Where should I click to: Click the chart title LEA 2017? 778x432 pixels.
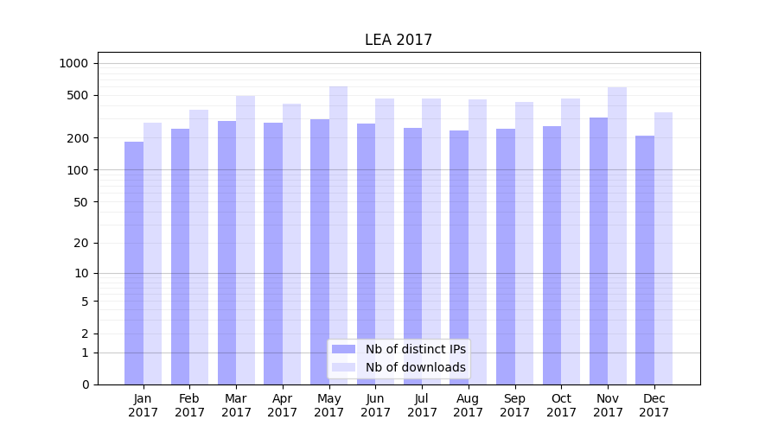[x=398, y=40]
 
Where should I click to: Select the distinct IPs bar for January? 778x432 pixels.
[x=134, y=264]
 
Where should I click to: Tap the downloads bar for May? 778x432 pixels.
[x=338, y=235]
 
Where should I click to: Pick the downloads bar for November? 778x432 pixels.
[x=617, y=236]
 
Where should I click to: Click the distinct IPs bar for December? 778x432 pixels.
[x=645, y=260]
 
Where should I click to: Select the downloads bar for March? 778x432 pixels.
[x=246, y=240]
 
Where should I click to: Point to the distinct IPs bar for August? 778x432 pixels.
[x=459, y=257]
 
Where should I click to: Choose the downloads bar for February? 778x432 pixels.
[x=199, y=247]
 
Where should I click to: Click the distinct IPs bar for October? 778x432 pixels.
[x=552, y=256]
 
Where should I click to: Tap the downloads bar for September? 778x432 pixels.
[x=524, y=243]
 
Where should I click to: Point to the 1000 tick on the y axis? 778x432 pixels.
[x=73, y=63]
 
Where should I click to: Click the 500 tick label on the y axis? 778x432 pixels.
[x=78, y=95]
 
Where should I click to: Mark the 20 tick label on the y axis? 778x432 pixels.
[x=81, y=243]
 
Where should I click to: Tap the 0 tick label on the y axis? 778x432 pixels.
[x=85, y=384]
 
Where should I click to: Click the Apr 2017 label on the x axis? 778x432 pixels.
[x=283, y=405]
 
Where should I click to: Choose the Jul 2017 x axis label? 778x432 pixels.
[x=422, y=405]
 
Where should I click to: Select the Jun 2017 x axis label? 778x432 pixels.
[x=375, y=405]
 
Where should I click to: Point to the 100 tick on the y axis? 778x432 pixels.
[x=78, y=170]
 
